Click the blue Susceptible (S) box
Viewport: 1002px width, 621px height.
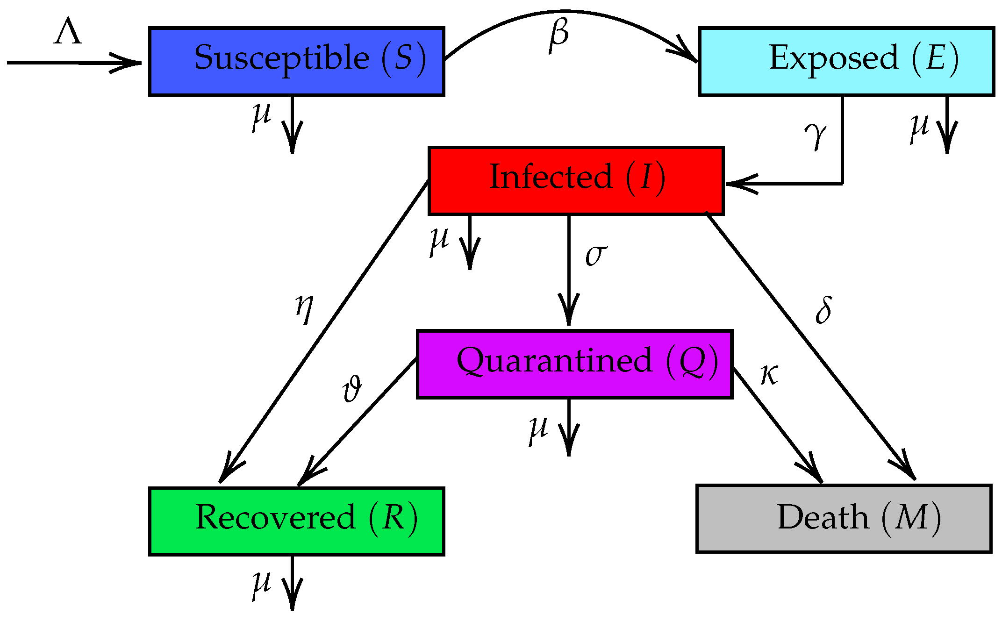(296, 61)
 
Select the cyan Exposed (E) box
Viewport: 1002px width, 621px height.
(846, 61)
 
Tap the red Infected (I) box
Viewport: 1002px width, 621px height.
(576, 181)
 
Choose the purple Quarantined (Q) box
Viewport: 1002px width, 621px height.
(574, 364)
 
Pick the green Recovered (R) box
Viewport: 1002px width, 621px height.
(296, 521)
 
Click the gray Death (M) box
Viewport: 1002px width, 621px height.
(844, 518)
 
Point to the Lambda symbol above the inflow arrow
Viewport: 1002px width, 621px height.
(68, 32)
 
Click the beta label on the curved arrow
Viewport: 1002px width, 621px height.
(559, 35)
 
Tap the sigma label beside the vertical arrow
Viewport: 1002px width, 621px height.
(596, 255)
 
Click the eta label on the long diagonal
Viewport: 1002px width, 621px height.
(304, 308)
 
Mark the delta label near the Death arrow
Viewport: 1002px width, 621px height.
(823, 310)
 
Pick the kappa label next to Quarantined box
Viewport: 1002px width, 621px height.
(769, 375)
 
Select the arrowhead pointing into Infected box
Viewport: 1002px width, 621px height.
(738, 184)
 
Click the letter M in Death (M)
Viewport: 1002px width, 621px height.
(911, 517)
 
